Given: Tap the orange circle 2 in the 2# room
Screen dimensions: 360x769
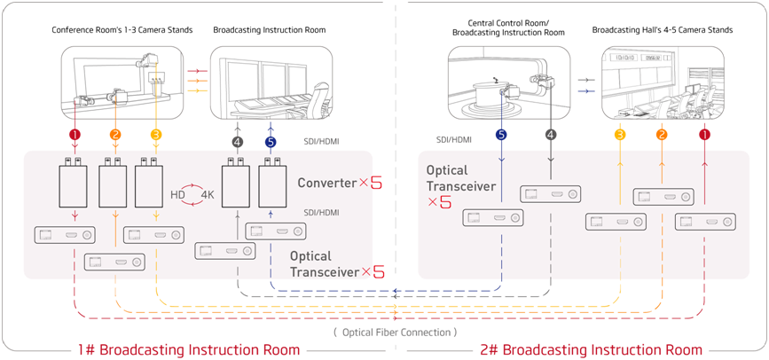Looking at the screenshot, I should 661,135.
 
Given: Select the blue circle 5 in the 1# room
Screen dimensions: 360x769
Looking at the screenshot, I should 271,141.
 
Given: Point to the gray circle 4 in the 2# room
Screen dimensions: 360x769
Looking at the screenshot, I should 551,135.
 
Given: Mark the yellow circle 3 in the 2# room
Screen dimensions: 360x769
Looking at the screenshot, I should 620,135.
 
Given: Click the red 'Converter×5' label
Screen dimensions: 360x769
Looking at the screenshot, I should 340,183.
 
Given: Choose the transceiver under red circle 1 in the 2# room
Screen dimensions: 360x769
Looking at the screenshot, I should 706,220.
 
